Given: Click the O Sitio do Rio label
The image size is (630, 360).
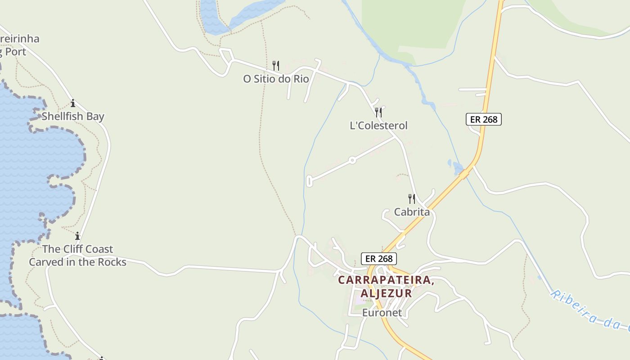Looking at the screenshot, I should (276, 79).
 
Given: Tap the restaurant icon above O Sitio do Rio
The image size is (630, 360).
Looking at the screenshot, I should (276, 66).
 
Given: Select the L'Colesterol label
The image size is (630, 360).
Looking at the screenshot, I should (378, 126).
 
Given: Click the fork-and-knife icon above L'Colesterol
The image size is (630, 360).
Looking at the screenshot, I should (378, 112).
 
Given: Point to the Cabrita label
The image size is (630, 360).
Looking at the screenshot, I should (412, 211).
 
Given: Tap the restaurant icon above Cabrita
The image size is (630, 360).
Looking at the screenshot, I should (412, 198).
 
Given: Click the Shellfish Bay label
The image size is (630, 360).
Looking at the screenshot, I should (73, 116).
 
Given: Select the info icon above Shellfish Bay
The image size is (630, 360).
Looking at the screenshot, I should (73, 103).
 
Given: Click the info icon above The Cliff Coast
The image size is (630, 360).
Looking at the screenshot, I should (77, 236).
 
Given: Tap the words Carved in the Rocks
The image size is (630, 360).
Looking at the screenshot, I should (77, 262).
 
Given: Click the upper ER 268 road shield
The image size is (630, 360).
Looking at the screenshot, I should (483, 119).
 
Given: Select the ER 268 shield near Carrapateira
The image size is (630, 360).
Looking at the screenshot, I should (379, 259).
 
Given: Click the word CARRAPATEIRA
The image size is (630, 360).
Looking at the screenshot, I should (386, 280).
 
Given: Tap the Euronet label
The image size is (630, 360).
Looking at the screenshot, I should (382, 312).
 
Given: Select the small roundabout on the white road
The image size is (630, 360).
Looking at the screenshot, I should (352, 160).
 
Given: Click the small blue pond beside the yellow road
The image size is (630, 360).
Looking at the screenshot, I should (457, 167).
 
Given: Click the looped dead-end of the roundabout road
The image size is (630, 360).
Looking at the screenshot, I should (309, 181).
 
